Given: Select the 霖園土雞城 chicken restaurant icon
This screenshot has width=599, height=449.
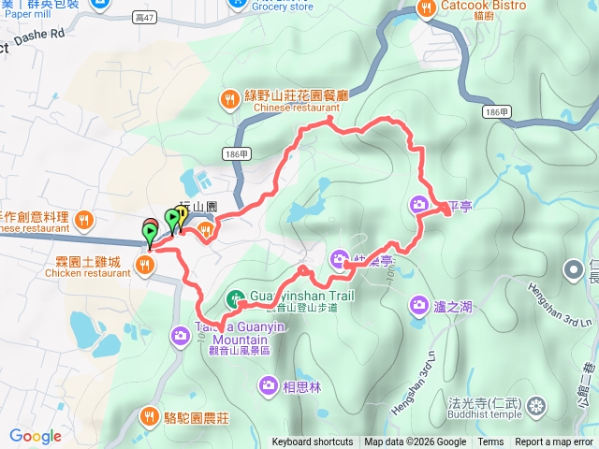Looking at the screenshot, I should (144, 265).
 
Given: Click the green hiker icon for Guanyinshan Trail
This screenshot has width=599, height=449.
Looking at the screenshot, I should (234, 298).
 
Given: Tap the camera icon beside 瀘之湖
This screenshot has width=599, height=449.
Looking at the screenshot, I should (418, 304).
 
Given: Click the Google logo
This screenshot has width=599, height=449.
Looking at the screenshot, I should (36, 436).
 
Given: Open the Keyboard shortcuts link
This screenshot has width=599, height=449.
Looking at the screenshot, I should (313, 442).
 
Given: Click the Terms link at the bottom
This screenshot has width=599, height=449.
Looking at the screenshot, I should (490, 442).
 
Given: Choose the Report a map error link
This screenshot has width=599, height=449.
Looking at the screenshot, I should (555, 442).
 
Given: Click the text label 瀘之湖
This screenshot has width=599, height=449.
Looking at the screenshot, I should (453, 306).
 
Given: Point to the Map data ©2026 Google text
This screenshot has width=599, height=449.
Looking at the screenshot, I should (415, 442).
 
